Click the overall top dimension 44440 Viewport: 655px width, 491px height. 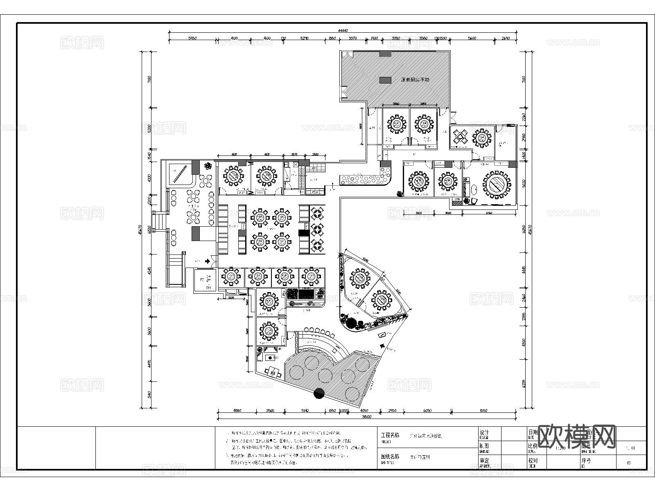pos(343,30)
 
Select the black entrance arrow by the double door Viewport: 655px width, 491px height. pos(208,260)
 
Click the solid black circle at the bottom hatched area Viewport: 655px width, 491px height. pos(319,394)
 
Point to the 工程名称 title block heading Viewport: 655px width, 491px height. pos(389,435)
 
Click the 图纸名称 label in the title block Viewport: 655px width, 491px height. pos(389,457)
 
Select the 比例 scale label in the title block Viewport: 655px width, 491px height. pos(533,446)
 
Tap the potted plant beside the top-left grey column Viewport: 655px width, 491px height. pos(209,166)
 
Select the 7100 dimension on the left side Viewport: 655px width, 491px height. pos(149,79)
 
